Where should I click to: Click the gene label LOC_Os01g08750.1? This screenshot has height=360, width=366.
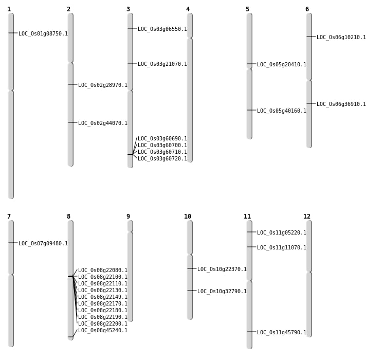point(43,34)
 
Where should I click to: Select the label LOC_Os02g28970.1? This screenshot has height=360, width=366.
point(103,85)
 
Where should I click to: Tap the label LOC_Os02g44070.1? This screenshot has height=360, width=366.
point(103,123)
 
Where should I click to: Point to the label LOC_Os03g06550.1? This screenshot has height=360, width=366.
point(162,29)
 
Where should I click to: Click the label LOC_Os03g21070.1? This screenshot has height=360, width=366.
point(162,64)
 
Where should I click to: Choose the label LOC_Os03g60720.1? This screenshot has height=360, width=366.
point(162,159)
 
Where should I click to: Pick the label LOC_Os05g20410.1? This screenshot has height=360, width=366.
point(282,65)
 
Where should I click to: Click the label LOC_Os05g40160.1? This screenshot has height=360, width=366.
point(282,111)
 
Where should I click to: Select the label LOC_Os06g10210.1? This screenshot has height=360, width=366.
point(341,38)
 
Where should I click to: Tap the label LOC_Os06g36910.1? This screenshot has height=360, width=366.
point(341,104)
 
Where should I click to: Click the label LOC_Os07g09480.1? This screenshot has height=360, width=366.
point(43,244)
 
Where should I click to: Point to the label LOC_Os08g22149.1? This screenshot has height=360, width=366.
point(103,297)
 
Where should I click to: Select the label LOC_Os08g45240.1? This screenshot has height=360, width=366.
point(103,331)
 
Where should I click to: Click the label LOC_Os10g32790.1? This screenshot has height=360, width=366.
point(222,292)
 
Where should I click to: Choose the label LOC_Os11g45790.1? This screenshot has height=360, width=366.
point(282,333)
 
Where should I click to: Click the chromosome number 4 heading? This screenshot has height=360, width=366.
point(188,9)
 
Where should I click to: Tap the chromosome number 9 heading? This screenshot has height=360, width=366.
point(128,217)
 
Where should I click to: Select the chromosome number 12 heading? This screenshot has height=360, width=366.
point(307,217)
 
